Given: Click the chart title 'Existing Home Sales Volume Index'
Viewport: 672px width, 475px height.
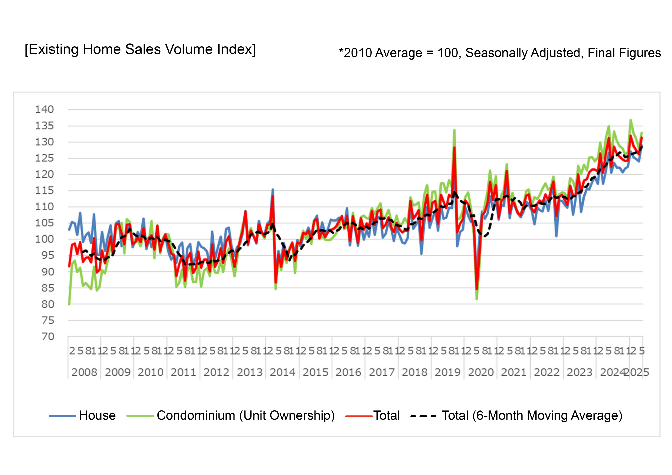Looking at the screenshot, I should (140, 49).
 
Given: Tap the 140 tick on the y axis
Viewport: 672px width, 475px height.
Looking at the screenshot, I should (44, 110).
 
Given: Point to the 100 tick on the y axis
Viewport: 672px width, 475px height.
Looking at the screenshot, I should (44, 239).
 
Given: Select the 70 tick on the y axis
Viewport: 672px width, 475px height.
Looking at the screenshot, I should (48, 337).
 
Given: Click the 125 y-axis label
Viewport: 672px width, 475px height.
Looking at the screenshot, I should (44, 158).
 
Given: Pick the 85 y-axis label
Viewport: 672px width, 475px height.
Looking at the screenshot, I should (48, 288).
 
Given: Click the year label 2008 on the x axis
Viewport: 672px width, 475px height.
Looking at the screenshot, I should (84, 372).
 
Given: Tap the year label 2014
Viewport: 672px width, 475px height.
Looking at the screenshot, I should (282, 372).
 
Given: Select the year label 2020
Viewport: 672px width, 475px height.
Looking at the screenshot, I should (481, 372).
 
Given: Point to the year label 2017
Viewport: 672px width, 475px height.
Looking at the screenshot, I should (382, 372).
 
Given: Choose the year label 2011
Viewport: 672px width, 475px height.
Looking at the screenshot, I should (183, 372).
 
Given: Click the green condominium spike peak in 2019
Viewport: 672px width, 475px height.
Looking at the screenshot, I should (454, 130).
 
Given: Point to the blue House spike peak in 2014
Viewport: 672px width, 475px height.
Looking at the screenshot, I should (273, 190).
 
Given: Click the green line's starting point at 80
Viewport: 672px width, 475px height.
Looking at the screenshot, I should (69, 304).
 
